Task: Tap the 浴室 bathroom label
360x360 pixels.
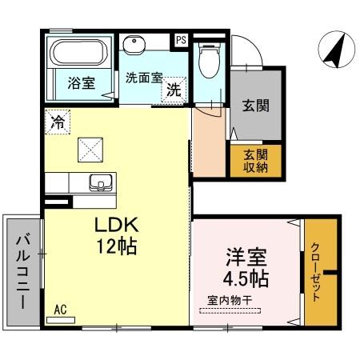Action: click(x=81, y=82)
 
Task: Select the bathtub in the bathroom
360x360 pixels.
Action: click(x=80, y=54)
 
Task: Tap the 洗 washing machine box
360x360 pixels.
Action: click(x=173, y=90)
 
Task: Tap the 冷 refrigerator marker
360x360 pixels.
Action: click(x=58, y=122)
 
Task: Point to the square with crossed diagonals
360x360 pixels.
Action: click(x=90, y=147)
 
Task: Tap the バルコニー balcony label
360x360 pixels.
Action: click(x=22, y=270)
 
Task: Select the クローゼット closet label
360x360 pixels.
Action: click(x=316, y=272)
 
